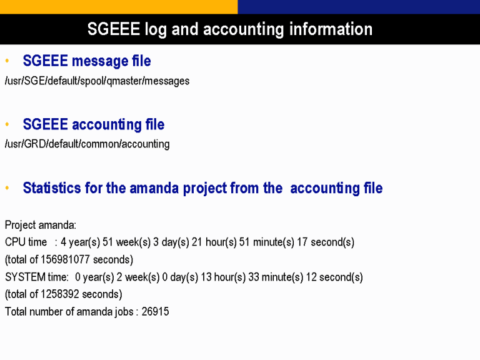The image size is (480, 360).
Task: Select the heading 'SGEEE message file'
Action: pos(87,61)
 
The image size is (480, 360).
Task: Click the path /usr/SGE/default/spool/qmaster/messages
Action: pos(97,81)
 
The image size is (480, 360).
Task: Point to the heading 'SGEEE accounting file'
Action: pos(94,124)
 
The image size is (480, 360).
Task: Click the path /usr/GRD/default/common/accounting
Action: pos(87,144)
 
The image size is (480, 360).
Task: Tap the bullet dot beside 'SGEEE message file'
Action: pos(7,61)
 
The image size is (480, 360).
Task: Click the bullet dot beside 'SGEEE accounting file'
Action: pos(7,124)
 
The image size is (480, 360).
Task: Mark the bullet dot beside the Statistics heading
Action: pos(7,187)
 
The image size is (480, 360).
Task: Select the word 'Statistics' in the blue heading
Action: pos(52,187)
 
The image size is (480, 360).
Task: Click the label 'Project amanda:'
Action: pos(41,225)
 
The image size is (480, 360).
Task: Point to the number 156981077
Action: pos(65,259)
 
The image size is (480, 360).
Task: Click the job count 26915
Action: pos(155,312)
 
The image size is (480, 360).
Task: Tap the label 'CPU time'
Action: pos(26,242)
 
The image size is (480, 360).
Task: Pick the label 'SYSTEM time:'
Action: pos(37,277)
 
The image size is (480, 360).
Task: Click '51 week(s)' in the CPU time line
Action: pos(126,242)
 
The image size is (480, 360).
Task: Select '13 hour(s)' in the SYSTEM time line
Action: pos(223,277)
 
